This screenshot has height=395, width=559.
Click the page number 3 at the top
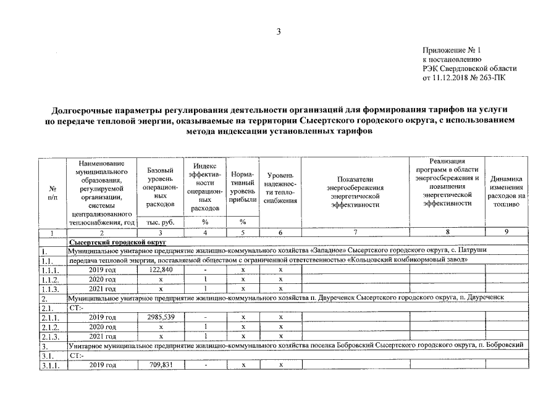coord(279,32)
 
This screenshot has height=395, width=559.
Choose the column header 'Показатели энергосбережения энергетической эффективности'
coord(356,191)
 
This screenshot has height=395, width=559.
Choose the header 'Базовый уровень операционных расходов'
coord(160,187)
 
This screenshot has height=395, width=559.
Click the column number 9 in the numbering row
coord(506,232)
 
